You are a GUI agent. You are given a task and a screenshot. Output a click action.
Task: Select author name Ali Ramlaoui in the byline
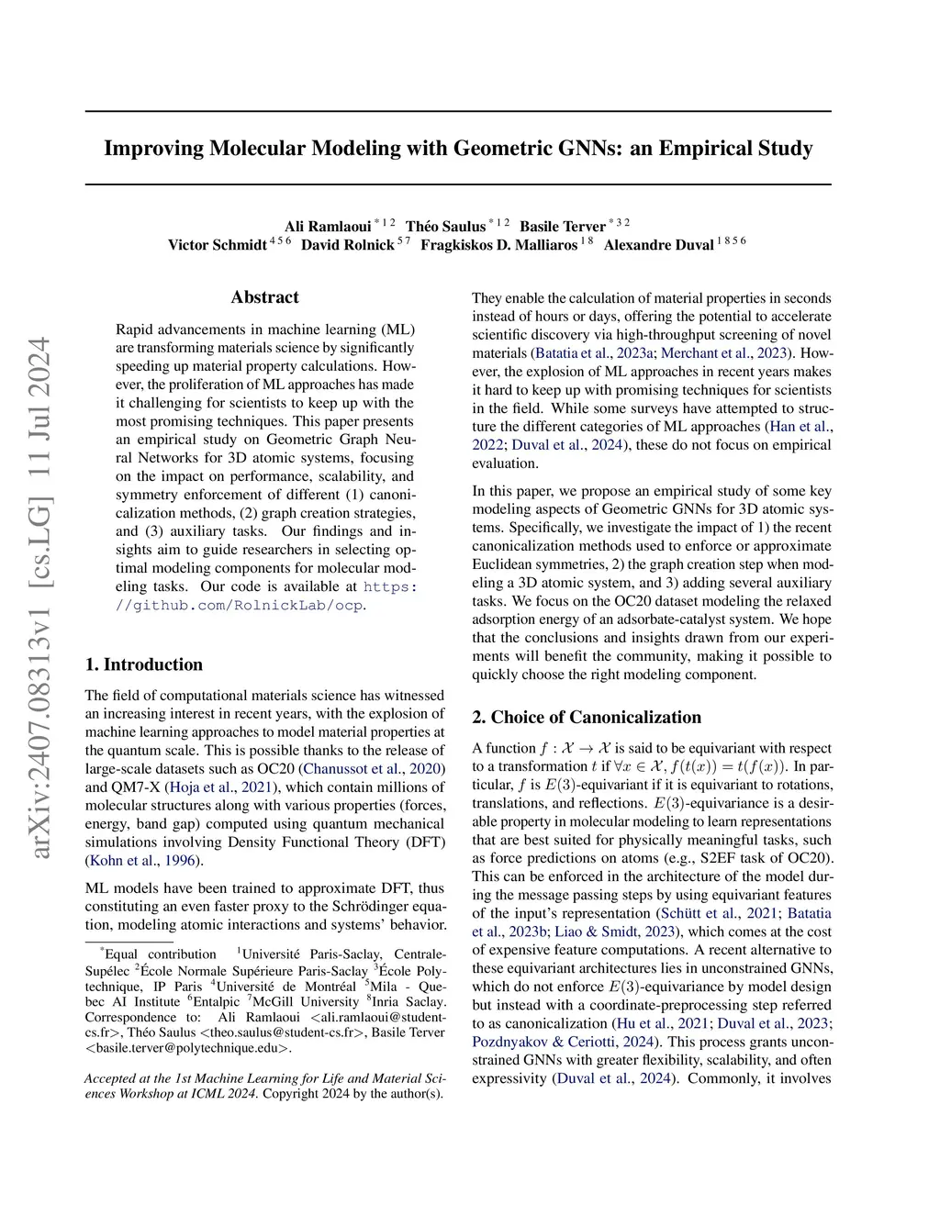(328, 227)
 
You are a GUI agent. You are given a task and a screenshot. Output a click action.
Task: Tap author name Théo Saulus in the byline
(445, 227)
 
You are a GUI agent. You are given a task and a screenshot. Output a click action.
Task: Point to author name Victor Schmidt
(217, 245)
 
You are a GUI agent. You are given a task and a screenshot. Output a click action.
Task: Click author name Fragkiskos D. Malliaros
(499, 245)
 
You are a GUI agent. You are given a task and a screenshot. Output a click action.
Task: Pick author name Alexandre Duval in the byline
(658, 245)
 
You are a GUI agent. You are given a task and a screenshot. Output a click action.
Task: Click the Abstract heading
(264, 297)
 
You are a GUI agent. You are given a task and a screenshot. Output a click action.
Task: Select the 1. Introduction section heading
(144, 664)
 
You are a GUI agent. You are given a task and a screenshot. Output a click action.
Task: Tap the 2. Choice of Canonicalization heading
(587, 718)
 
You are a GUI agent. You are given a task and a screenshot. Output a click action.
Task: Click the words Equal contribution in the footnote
(161, 954)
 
